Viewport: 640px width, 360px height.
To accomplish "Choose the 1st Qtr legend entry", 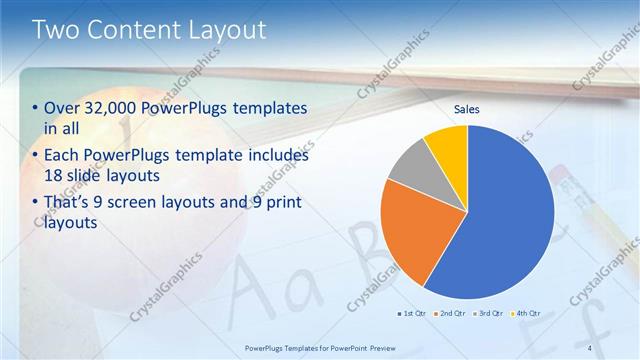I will [x=413, y=312].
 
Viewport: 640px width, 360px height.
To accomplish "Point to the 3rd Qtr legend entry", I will [x=488, y=312].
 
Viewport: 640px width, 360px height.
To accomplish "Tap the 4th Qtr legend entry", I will [x=525, y=312].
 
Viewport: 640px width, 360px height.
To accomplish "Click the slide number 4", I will [x=590, y=347].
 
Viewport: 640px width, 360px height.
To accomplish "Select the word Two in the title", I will [x=57, y=30].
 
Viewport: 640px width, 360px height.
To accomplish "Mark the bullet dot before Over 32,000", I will [x=36, y=108].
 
